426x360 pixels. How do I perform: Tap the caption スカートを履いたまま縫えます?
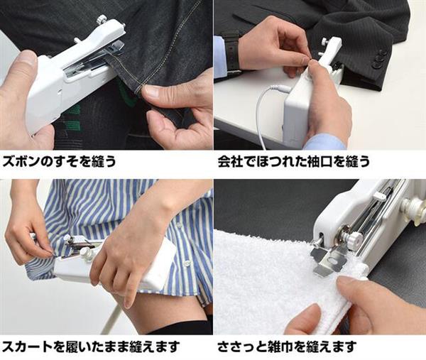pyautogui.click(x=89, y=347)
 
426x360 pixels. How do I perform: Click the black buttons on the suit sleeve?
pyautogui.click(x=381, y=60)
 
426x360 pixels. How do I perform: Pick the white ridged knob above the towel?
pyautogui.click(x=353, y=240)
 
